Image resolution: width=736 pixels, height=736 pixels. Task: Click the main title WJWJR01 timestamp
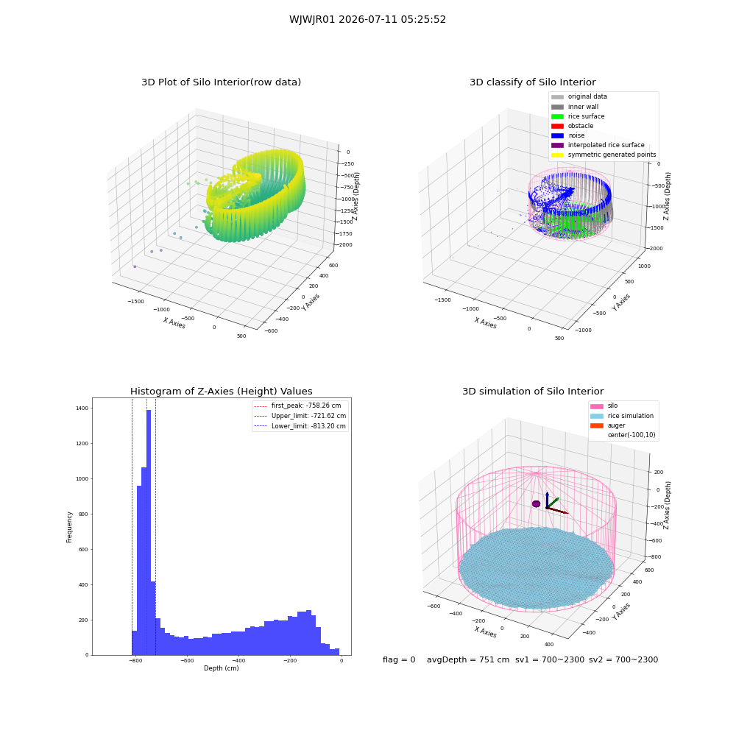coord(367,20)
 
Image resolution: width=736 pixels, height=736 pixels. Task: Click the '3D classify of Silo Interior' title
coord(533,82)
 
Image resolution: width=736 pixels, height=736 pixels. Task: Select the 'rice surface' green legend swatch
coord(557,116)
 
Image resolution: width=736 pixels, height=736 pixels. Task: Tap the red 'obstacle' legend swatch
coord(557,126)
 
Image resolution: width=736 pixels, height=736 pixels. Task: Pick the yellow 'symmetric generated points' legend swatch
coord(557,155)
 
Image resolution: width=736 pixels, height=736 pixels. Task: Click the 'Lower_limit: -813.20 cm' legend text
coord(308,426)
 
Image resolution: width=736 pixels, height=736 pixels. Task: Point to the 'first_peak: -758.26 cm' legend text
coord(306,406)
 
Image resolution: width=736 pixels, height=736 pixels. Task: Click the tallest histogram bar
coord(149,532)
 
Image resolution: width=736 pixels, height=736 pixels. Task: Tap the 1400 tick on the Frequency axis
coord(82,408)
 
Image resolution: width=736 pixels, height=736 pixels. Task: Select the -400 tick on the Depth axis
coord(238,660)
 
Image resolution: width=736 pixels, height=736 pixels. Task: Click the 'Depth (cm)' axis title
coord(221,668)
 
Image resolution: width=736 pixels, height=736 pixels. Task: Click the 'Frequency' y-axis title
coord(69,527)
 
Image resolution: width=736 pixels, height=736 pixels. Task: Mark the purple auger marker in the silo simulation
coord(536,503)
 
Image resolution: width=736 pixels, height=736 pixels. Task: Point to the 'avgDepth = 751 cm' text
coord(468,659)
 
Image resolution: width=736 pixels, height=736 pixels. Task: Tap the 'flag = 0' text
coord(399,659)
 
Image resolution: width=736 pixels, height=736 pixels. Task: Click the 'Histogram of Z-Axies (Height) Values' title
coord(221,392)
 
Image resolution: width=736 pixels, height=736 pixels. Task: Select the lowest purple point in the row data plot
coord(135,266)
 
